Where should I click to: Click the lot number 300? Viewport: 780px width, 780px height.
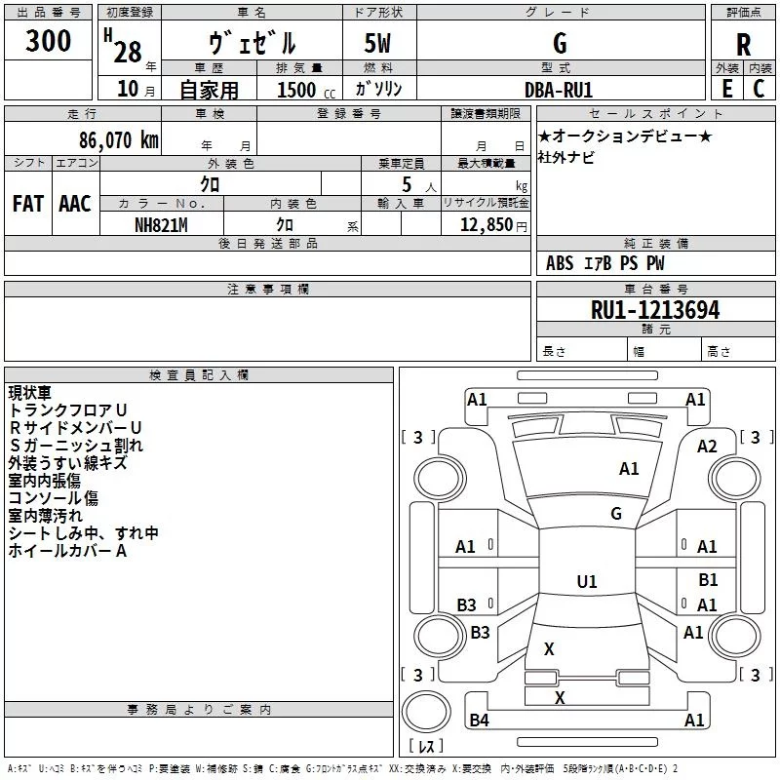coord(48,40)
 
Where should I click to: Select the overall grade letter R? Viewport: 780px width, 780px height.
coord(743,45)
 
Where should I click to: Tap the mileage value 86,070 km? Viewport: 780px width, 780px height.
coord(118,139)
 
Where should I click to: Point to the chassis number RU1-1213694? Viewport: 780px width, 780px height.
coord(655,310)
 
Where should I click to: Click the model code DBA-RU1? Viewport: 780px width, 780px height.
coord(559,90)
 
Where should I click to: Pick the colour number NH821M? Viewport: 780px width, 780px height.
coord(161,225)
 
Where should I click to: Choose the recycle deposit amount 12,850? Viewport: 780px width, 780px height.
coord(486,225)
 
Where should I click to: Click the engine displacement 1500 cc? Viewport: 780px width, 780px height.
coord(306,90)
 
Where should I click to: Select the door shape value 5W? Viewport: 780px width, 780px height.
coord(377,43)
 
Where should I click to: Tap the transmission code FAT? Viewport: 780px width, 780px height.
coord(28,204)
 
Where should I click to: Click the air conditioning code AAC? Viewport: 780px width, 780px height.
coord(75,204)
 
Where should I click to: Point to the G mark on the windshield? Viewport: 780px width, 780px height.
coord(616,514)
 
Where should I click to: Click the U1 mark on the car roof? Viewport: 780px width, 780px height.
coord(587,581)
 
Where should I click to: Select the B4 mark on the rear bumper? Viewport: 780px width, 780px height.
coord(479,720)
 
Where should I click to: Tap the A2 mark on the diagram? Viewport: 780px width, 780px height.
coord(707,447)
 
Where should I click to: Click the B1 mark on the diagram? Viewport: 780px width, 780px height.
coord(708,579)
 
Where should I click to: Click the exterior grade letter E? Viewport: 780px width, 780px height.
coord(726,89)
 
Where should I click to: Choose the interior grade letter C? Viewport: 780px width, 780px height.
coord(759,89)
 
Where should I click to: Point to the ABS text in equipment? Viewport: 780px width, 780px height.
coord(560,263)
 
